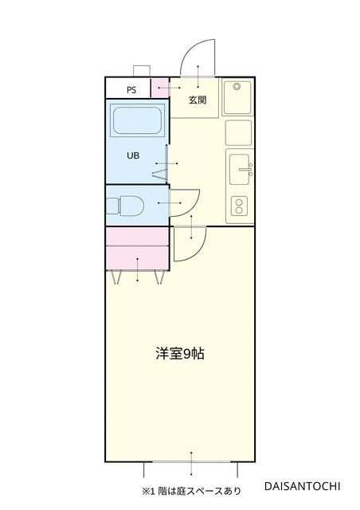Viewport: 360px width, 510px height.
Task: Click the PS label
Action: coord(131,90)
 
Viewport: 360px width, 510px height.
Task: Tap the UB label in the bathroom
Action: coord(133,155)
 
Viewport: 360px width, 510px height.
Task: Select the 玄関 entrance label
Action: coord(198,100)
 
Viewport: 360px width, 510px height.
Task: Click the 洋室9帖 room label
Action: coord(180,354)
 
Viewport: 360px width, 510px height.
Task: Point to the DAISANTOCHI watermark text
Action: coord(303,486)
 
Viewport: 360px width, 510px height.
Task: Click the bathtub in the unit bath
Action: coord(137,120)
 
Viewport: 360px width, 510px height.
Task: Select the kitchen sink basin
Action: coord(240,170)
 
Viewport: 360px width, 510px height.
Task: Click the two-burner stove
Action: coord(239,206)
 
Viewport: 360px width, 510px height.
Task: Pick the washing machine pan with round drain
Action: coord(237,97)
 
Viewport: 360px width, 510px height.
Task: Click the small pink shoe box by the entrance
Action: coord(160,88)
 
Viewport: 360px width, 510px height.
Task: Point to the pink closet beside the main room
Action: coord(138,249)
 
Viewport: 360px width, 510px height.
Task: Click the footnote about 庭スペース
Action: coord(191,491)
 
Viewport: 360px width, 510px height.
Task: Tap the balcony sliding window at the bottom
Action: coord(191,462)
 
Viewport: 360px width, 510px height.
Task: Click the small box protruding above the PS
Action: coord(142,71)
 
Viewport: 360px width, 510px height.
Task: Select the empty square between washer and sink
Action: coord(238,133)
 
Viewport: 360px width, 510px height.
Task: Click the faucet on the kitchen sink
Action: coord(246,170)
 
